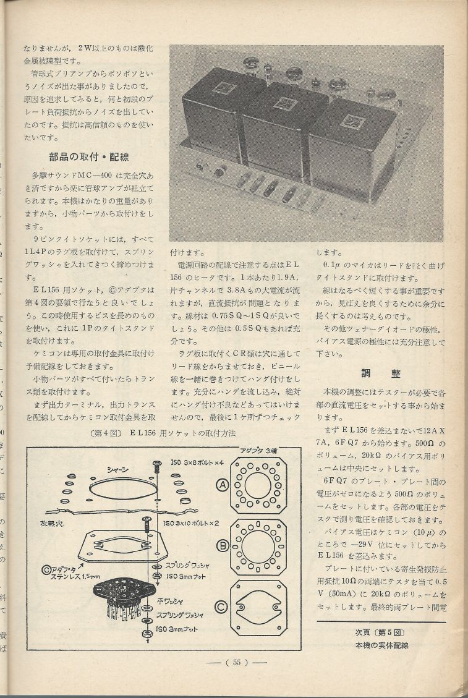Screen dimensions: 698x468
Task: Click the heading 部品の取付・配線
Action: [x=91, y=156]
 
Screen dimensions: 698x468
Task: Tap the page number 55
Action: [x=236, y=662]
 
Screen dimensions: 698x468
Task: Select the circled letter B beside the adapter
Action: [x=221, y=545]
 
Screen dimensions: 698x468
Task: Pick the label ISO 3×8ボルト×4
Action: [x=190, y=464]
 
